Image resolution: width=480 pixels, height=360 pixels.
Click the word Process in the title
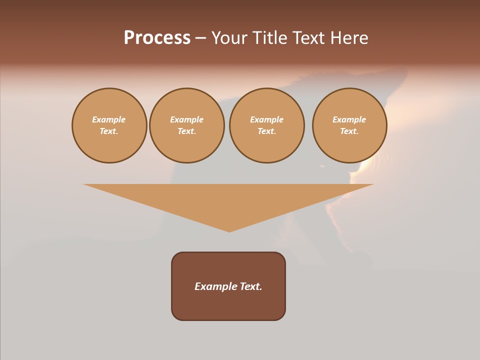(x=157, y=38)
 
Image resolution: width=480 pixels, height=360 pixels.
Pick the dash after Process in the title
(x=200, y=38)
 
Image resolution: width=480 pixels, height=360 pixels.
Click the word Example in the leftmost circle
(x=109, y=119)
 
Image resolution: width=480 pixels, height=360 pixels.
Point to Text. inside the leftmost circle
(x=109, y=131)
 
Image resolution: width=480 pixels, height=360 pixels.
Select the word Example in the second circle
(x=186, y=119)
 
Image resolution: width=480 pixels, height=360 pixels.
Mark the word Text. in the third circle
(x=266, y=131)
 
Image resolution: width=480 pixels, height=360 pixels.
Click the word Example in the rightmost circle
(x=349, y=119)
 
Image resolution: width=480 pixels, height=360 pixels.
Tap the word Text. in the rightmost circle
(x=349, y=131)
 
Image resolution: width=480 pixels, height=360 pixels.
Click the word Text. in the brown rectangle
(x=251, y=286)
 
